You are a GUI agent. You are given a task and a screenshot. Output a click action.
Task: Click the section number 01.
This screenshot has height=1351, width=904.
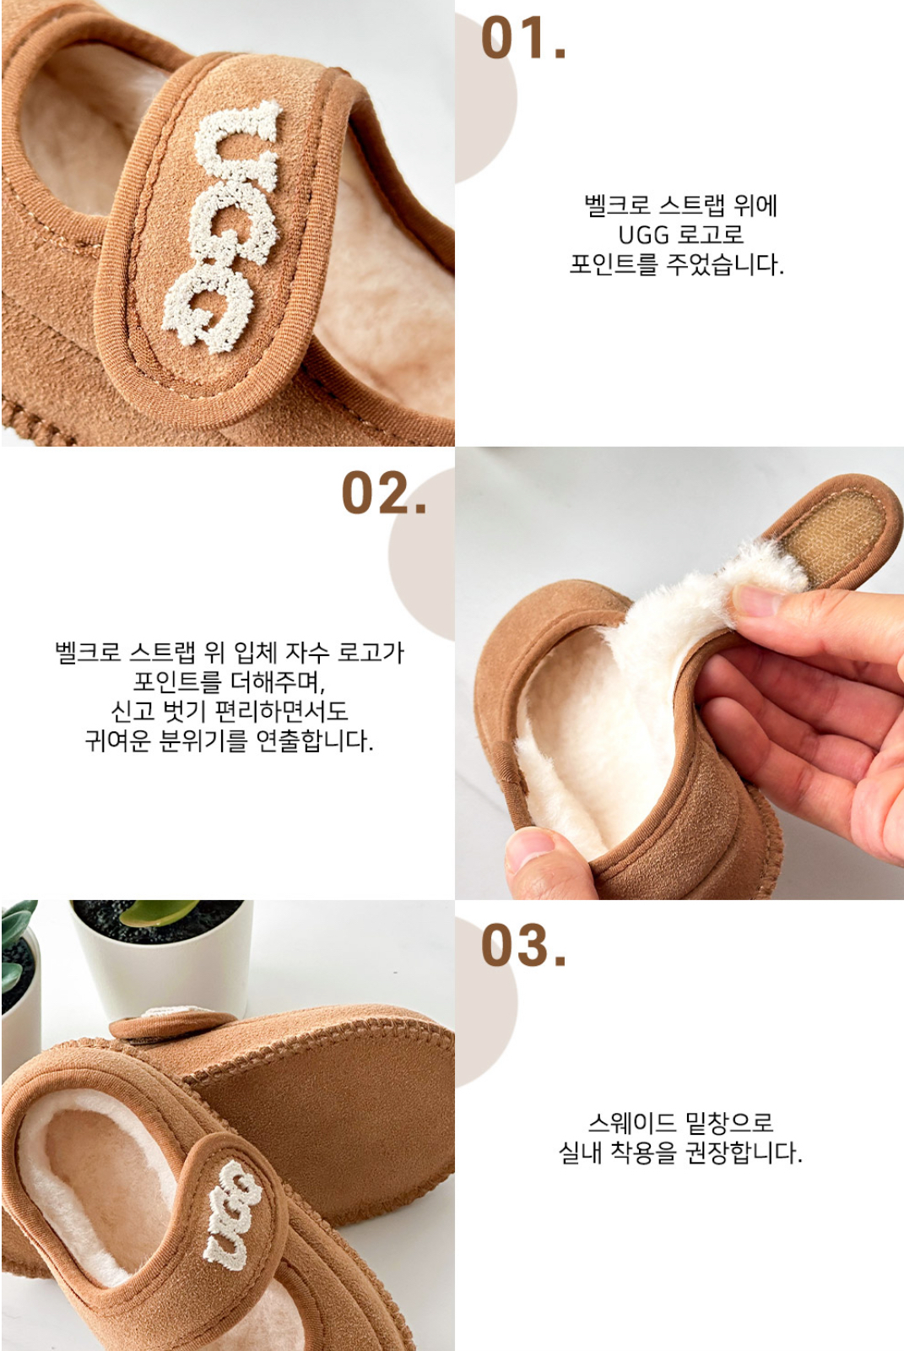coord(523,39)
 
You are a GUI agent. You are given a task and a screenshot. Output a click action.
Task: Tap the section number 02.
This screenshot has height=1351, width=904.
coord(384,493)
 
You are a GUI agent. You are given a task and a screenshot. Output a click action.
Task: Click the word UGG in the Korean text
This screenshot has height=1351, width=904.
coord(644,235)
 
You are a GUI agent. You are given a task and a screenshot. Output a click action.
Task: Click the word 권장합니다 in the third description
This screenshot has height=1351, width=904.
coord(744,1153)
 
